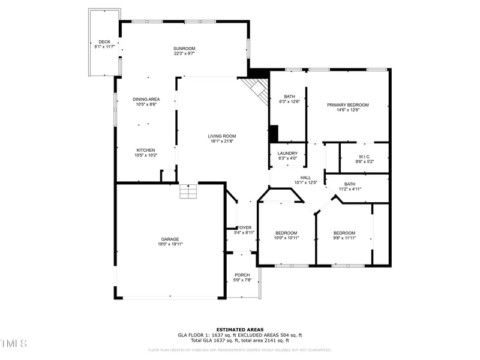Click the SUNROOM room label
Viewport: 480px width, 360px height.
pyautogui.click(x=184, y=49)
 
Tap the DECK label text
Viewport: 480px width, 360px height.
pyautogui.click(x=104, y=42)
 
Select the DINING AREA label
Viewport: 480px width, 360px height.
pyautogui.click(x=146, y=99)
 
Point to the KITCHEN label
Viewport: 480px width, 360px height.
pyautogui.click(x=146, y=150)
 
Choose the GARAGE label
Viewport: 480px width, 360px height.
pyautogui.click(x=170, y=239)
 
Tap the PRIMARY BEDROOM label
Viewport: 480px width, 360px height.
pyautogui.click(x=348, y=105)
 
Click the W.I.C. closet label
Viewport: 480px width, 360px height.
pyautogui.click(x=364, y=157)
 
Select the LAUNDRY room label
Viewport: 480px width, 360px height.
pyautogui.click(x=287, y=154)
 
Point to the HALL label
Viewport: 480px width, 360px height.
pyautogui.click(x=305, y=178)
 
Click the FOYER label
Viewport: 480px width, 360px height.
pyautogui.click(x=244, y=228)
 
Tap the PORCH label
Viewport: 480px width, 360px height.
pyautogui.click(x=242, y=275)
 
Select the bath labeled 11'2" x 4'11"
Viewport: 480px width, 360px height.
pyautogui.click(x=350, y=189)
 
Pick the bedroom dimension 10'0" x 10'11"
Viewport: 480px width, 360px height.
pyautogui.click(x=286, y=238)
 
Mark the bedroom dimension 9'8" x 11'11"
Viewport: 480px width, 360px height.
pyautogui.click(x=344, y=238)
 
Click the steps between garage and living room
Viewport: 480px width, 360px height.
pyautogui.click(x=188, y=191)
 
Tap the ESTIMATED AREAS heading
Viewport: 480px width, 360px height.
pyautogui.click(x=239, y=329)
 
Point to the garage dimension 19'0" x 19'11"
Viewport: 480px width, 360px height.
pyautogui.click(x=170, y=244)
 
